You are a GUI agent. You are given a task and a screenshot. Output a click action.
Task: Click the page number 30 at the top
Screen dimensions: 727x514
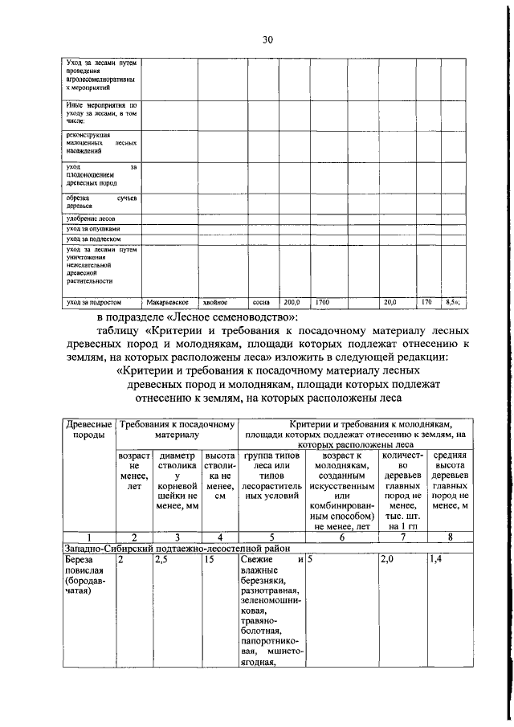(267, 39)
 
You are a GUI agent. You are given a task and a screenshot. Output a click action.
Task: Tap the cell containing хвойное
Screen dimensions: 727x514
(214, 303)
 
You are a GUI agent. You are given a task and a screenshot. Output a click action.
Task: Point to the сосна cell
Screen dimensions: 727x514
(261, 303)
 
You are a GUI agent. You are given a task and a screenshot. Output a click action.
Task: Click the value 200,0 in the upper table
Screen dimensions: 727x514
(291, 303)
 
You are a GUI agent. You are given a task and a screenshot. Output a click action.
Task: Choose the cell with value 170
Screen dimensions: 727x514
(426, 303)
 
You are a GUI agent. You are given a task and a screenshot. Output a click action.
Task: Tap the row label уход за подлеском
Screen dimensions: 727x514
(94, 239)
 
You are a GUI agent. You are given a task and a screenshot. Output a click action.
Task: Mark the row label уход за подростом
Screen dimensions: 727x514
(94, 303)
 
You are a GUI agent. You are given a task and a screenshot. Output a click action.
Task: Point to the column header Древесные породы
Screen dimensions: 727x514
(88, 429)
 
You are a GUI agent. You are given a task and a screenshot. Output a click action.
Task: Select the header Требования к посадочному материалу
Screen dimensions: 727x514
(176, 429)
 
